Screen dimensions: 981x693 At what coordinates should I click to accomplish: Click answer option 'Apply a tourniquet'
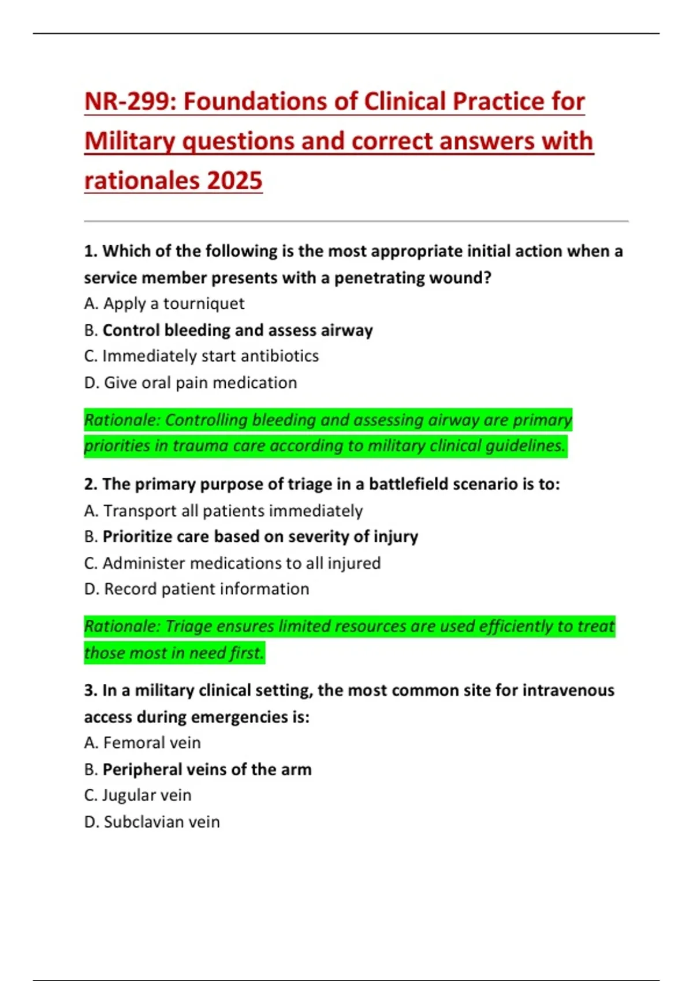point(173,304)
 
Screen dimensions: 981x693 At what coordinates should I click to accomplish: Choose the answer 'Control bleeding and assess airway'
point(237,330)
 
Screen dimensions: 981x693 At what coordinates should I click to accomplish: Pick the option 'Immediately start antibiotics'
point(210,356)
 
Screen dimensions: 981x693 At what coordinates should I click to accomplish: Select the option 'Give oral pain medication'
point(200,383)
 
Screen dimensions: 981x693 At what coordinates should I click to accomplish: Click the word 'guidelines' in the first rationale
point(525,445)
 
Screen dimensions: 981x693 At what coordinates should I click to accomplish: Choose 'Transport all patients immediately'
point(233,511)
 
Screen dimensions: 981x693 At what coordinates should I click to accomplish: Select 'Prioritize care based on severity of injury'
point(260,537)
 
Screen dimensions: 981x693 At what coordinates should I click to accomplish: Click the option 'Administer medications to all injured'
point(241,563)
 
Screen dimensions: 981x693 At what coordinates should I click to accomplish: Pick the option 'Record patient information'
point(206,589)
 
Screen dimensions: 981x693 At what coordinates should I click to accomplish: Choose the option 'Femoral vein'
point(152,743)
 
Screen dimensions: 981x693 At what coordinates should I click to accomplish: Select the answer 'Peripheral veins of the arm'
point(207,769)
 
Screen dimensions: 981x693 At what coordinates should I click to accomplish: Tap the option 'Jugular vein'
point(147,795)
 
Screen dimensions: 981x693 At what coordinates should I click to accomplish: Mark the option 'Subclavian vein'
point(162,822)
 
